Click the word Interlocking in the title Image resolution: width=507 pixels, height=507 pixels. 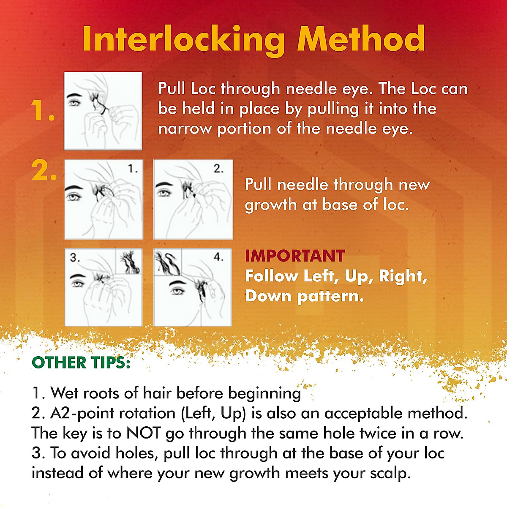click(183, 39)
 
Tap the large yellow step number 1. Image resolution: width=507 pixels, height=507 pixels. click(42, 112)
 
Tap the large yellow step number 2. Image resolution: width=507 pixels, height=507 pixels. click(44, 171)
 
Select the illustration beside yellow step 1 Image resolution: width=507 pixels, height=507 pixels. click(103, 111)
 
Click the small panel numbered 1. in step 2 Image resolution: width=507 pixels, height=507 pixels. click(104, 199)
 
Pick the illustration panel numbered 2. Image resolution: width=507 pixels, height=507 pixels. click(193, 199)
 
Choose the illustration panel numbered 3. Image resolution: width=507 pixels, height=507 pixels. click(104, 287)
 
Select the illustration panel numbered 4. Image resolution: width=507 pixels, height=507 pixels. click(193, 287)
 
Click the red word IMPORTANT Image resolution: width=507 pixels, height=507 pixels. click(295, 256)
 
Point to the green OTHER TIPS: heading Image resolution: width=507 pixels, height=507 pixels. click(81, 363)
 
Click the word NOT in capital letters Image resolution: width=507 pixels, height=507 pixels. click(144, 433)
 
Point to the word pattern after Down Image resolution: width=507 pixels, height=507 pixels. click(330, 296)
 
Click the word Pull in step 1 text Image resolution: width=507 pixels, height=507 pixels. click(172, 89)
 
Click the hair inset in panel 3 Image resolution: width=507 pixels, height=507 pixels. click(128, 262)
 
